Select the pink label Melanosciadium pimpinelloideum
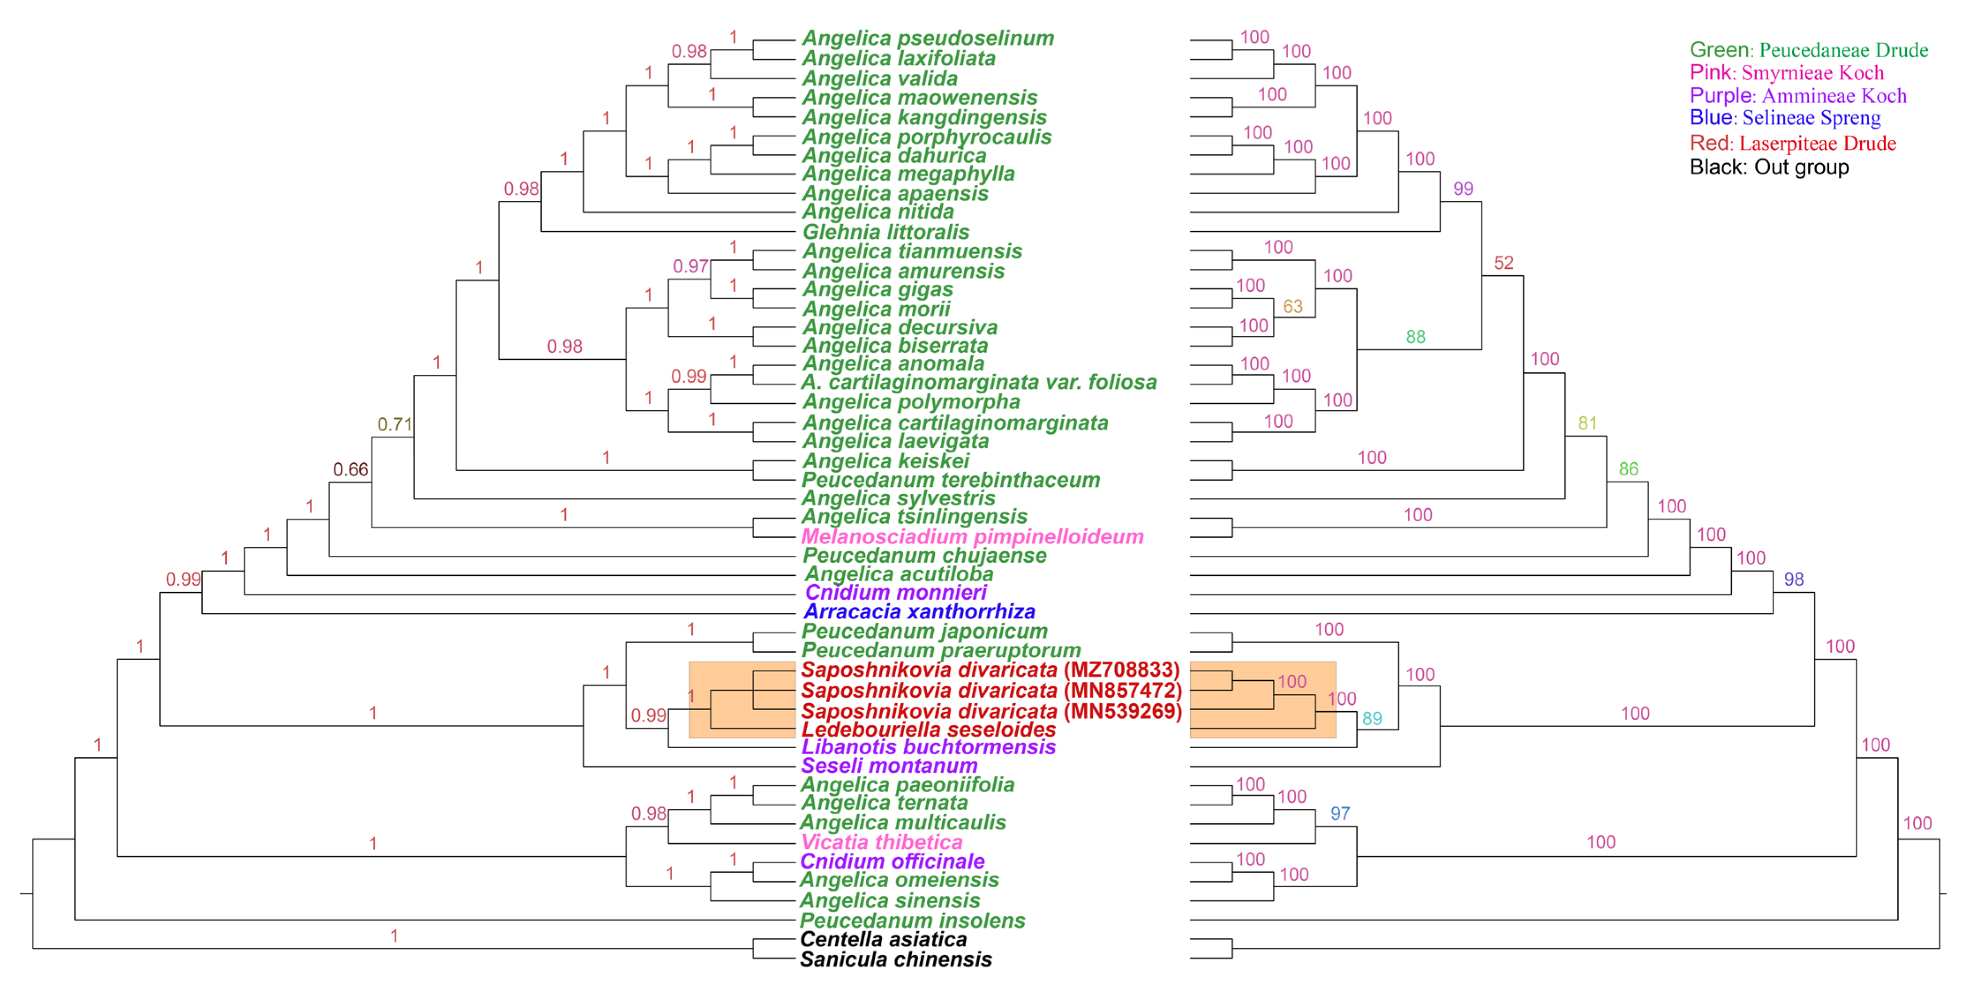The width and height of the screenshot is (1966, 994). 972,537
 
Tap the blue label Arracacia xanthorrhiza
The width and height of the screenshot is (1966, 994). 919,611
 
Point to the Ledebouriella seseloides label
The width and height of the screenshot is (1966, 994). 928,729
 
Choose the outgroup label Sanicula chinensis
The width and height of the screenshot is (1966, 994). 895,960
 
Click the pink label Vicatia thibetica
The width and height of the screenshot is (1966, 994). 881,842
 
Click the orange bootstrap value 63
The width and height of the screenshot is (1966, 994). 1292,306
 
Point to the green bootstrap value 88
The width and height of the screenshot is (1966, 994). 1415,337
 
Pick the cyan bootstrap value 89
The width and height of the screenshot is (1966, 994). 1372,719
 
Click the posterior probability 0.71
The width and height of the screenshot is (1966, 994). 395,425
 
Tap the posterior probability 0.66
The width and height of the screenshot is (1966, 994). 350,470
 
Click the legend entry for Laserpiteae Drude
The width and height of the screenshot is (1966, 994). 1792,143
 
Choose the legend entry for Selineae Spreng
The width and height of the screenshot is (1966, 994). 1784,117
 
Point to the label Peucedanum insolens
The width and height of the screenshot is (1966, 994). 912,921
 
